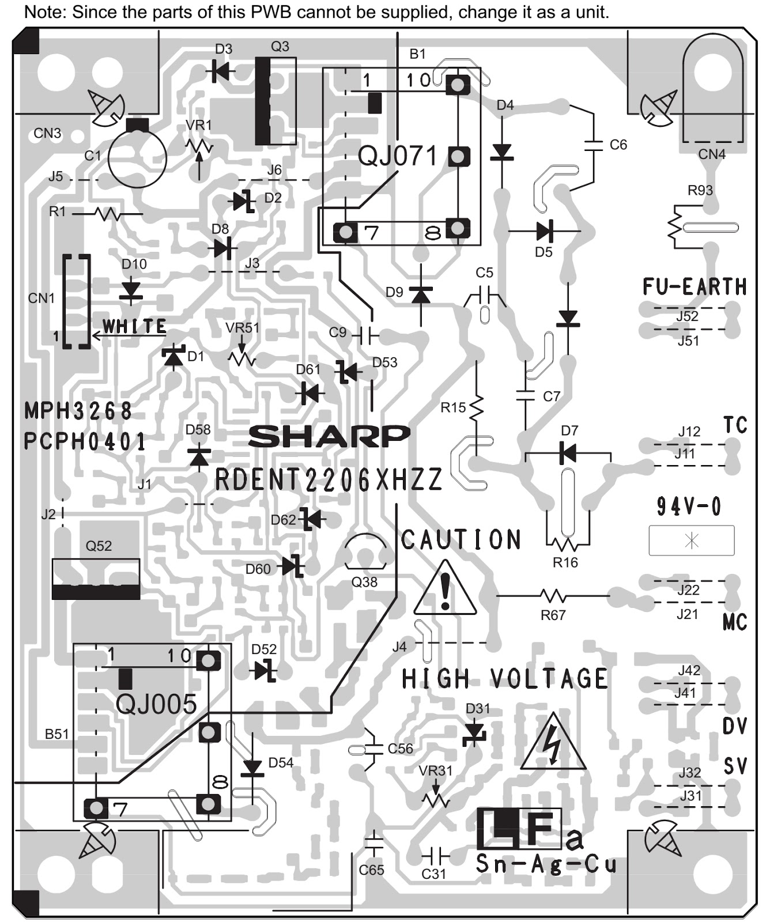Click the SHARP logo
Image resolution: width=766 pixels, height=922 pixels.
coord(329,436)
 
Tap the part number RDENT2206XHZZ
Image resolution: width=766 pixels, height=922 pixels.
coord(329,479)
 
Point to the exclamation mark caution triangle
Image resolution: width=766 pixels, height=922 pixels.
coord(445,590)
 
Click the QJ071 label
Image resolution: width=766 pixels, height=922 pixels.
coord(397,156)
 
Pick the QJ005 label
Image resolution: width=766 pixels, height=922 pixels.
coord(156,704)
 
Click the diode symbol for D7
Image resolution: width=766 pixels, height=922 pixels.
coord(568,453)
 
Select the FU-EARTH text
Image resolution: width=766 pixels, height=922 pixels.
coord(695,286)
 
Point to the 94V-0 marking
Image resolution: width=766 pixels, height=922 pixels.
coord(689,507)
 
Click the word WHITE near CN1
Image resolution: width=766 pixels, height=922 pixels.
coord(134,327)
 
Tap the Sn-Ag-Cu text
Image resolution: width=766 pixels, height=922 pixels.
coord(545,864)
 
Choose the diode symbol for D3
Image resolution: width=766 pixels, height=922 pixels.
coord(220,72)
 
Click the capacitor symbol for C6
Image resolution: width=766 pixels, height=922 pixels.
coord(594,144)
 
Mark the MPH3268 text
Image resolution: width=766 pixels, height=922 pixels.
coord(78,411)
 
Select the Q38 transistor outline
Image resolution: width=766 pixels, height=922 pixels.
coord(364,551)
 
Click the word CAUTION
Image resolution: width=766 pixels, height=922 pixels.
coord(461,540)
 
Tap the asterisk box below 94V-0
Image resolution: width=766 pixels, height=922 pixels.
coord(691,541)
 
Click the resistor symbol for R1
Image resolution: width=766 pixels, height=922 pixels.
coord(107,214)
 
